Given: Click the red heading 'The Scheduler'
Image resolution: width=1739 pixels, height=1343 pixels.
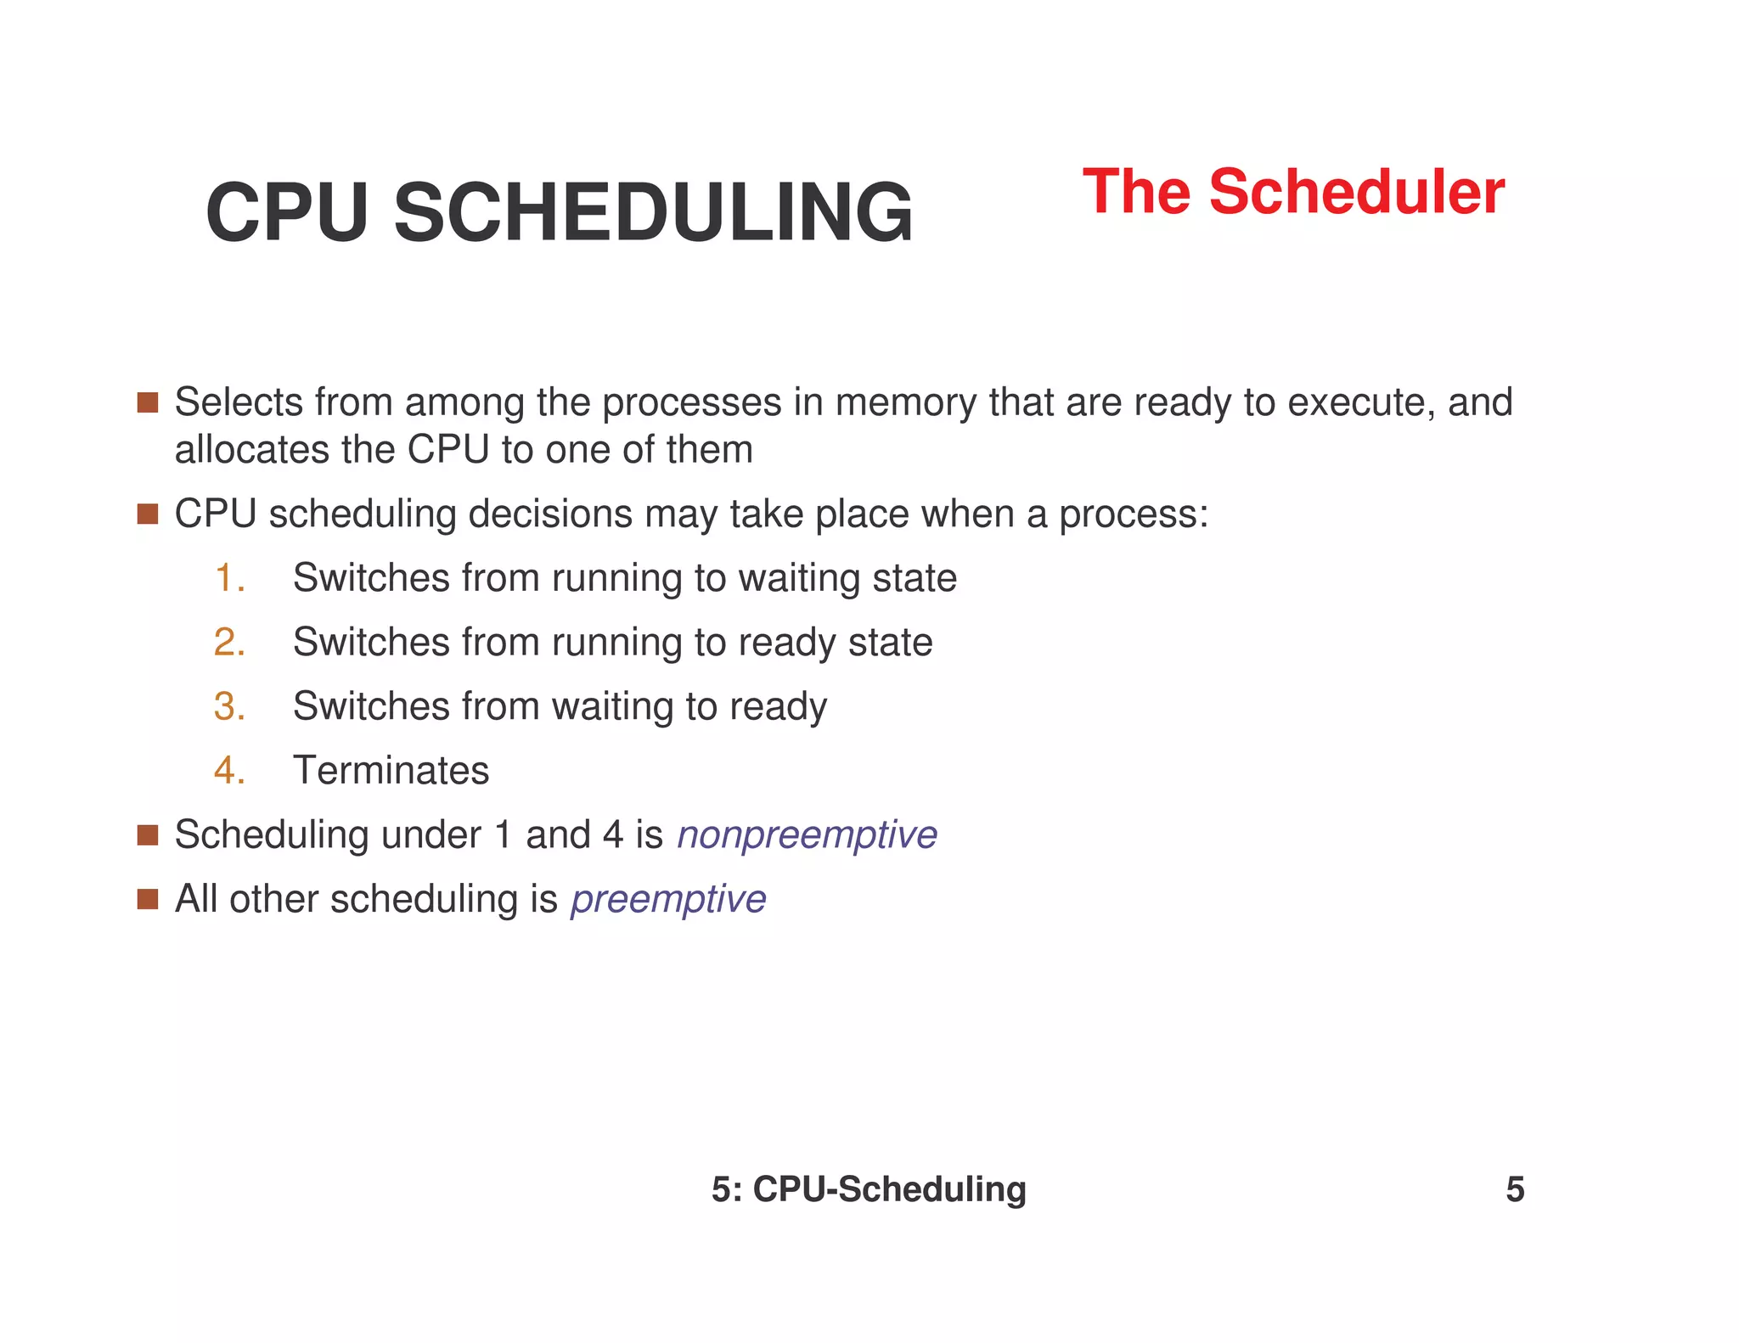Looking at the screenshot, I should (x=1292, y=193).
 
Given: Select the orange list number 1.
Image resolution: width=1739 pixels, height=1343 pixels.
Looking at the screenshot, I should (x=229, y=578).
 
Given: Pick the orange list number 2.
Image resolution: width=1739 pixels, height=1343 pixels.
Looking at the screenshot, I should (x=229, y=642).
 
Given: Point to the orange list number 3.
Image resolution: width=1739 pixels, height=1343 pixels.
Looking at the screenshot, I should (x=229, y=706).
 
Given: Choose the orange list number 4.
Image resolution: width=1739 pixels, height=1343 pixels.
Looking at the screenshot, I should (x=229, y=771).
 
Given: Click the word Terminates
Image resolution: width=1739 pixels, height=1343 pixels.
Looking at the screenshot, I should (x=391, y=771).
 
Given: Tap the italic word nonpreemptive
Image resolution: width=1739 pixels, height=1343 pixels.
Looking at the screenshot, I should (x=807, y=835).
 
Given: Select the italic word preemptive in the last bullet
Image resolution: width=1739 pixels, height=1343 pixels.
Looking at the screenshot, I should (x=668, y=899).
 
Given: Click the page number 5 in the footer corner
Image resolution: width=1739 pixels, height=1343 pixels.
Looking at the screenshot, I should (x=1515, y=1189).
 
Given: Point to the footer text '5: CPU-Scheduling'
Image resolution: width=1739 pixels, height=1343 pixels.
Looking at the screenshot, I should (x=869, y=1189).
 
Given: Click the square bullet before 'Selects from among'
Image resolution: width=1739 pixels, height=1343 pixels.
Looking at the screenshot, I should (x=148, y=402).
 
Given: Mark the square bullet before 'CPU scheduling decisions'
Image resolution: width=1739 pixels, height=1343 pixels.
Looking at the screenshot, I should (x=148, y=514).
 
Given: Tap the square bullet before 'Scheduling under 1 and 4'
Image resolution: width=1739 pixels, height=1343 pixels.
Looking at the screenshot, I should (x=148, y=835).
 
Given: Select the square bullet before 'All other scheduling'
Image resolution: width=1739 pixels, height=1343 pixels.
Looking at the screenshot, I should (x=148, y=899).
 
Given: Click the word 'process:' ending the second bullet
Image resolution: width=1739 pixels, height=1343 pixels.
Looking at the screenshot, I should (x=1133, y=514).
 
